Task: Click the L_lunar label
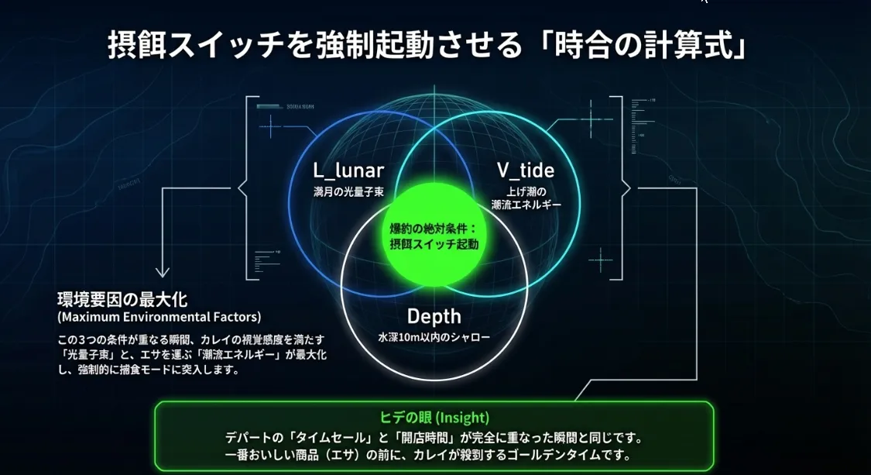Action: click(348, 170)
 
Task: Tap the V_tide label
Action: click(525, 170)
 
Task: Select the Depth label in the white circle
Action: click(434, 316)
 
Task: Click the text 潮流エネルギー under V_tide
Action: click(526, 205)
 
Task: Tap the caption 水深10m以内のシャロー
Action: click(434, 338)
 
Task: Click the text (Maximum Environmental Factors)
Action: click(159, 317)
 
